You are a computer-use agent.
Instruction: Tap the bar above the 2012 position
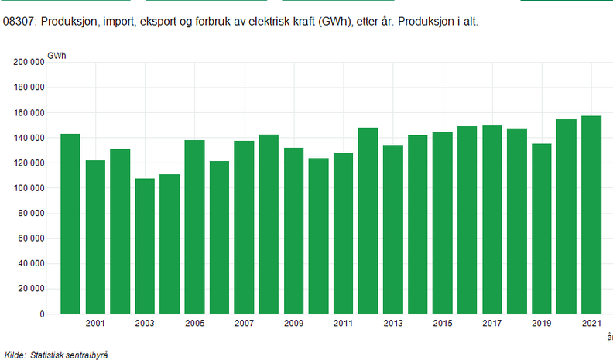368,221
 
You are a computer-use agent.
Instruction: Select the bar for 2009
293,231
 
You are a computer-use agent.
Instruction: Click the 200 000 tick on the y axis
28,63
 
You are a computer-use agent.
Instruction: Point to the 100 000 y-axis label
28,189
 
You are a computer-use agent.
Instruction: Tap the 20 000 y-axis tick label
30,290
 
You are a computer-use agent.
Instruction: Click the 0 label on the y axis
41,315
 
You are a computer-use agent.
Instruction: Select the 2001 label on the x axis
95,323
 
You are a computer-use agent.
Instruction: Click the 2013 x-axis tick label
392,323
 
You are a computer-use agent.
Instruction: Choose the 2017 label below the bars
491,323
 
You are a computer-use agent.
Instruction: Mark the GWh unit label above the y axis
57,55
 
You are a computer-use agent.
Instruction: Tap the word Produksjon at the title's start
67,22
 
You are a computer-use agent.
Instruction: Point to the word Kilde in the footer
15,354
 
